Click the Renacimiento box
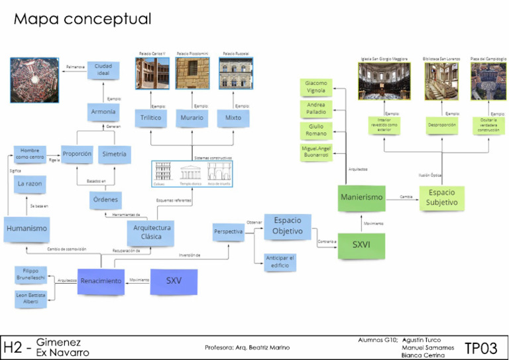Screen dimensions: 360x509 (101, 281)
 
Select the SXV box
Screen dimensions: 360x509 (174, 281)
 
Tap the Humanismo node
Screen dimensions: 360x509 (27, 229)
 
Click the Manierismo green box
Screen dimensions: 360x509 (362, 198)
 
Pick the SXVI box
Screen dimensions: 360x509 (361, 244)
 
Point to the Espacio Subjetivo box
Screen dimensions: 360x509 (441, 198)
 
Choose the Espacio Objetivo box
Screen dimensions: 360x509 (287, 226)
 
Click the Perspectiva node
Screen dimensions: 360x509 (228, 232)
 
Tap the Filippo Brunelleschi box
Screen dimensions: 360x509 (31, 274)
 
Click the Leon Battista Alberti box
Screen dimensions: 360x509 (31, 298)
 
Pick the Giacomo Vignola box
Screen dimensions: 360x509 (316, 87)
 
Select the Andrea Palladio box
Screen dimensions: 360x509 (316, 108)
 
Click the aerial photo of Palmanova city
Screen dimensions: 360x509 (34, 80)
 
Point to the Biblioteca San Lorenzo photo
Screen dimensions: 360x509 (442, 81)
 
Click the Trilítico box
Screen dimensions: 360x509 (150, 118)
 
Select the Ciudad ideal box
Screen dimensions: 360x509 (103, 70)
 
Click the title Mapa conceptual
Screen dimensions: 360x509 (82, 20)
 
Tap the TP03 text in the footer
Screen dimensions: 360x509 (481, 348)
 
